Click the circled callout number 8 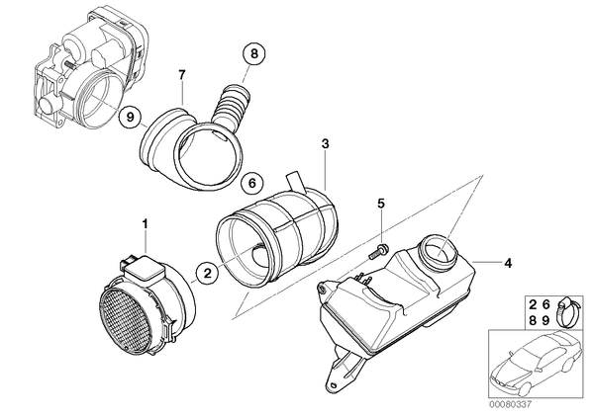click(254, 54)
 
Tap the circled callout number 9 click(131, 117)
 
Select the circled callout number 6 click(252, 183)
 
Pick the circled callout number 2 click(208, 273)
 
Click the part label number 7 click(182, 75)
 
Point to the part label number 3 click(325, 143)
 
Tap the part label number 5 click(381, 204)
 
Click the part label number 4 click(508, 263)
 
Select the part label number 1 click(145, 224)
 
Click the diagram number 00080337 click(510, 405)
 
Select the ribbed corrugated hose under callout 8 click(232, 106)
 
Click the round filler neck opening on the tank click(438, 252)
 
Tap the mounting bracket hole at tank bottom click(334, 384)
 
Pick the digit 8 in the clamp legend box click(533, 320)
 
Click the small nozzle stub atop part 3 click(296, 180)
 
